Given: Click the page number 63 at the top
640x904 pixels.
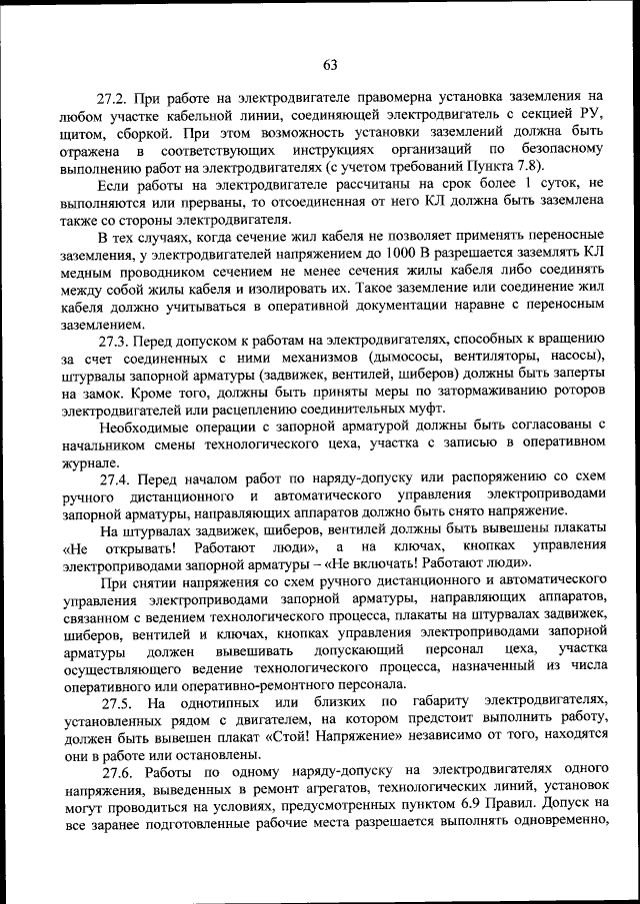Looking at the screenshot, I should (x=330, y=66).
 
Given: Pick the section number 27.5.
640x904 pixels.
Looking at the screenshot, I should (x=115, y=703).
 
